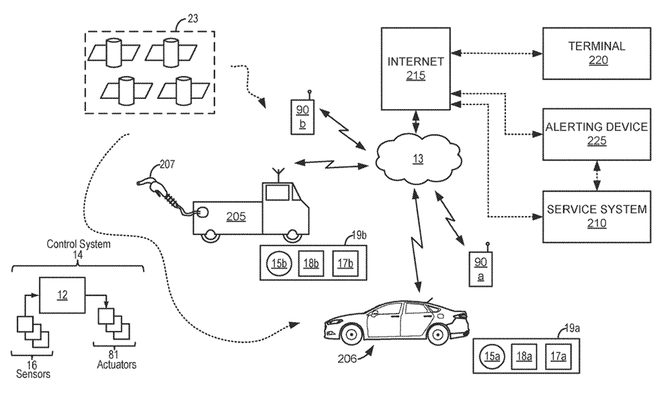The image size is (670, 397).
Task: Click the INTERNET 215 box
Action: pos(415,68)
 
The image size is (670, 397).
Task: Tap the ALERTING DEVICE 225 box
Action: pos(596,133)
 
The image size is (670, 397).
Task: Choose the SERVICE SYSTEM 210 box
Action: pos(596,216)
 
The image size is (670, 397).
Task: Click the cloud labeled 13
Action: pos(419,159)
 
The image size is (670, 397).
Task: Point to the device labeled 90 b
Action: pos(301,116)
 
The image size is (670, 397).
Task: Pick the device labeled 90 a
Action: pos(480,268)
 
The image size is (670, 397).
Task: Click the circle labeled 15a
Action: pos(493,356)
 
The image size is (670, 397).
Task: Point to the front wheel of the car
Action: pos(351,332)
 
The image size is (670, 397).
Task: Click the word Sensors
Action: pos(32,373)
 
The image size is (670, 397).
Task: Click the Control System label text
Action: pos(78,244)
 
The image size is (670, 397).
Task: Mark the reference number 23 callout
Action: pos(192,19)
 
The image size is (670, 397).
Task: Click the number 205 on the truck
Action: pos(235,216)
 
